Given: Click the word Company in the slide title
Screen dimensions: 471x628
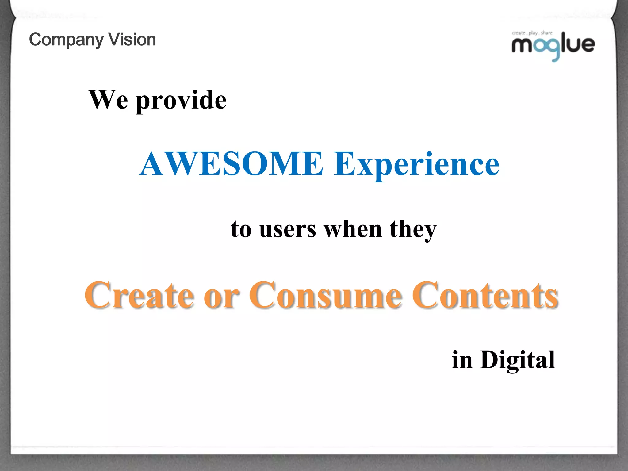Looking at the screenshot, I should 67,40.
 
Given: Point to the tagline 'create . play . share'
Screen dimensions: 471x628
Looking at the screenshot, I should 532,33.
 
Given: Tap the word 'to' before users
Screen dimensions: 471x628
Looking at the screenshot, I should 241,229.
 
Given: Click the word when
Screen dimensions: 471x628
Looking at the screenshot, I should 353,229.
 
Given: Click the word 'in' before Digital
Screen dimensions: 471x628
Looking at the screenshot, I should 462,360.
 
